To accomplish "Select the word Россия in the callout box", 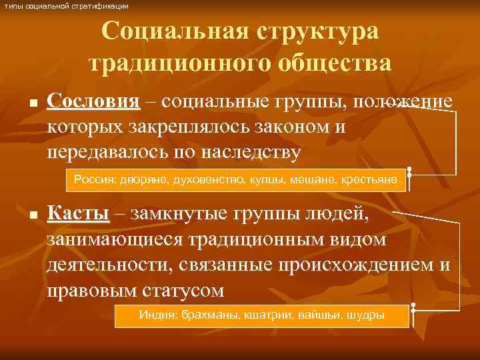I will point(95,180).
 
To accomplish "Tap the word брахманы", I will point(206,315).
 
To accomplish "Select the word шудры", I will point(365,315).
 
